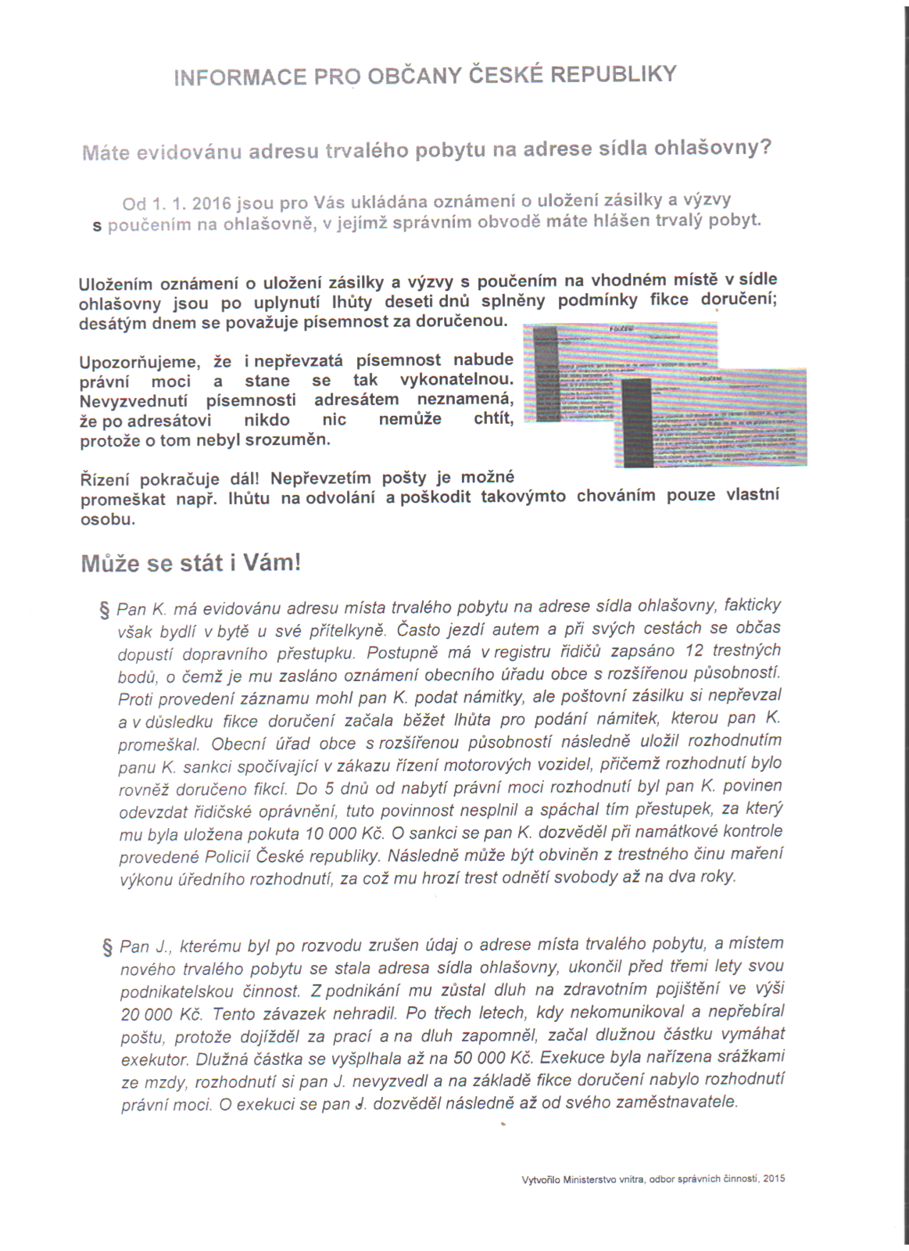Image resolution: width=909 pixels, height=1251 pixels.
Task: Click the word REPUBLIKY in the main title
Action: point(614,73)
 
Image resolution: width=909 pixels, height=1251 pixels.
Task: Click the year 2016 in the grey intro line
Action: point(211,203)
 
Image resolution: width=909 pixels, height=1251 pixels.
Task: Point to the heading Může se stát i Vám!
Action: point(190,563)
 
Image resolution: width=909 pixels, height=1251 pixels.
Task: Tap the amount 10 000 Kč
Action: point(341,833)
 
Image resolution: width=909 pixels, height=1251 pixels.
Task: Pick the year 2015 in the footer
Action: point(774,1178)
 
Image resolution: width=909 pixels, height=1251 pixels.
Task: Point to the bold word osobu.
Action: point(108,519)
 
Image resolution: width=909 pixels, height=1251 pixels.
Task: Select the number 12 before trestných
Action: point(694,651)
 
